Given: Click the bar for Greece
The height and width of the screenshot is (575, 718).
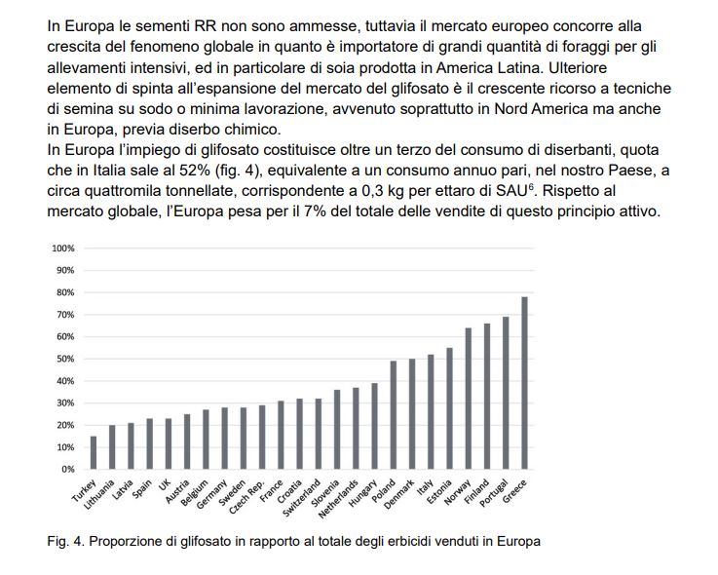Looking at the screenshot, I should point(524,383).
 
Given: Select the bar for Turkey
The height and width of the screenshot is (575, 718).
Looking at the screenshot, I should point(94,452).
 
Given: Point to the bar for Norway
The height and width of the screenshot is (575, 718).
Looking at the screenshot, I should point(469,398).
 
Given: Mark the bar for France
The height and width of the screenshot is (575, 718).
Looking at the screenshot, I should point(280,435).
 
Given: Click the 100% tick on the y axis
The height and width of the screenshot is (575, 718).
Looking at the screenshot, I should point(63,249).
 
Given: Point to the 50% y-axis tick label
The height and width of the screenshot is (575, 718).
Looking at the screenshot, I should point(65,359).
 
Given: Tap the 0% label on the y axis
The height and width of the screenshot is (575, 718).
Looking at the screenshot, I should point(67,469).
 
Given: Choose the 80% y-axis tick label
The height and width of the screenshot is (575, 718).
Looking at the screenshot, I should point(65,292).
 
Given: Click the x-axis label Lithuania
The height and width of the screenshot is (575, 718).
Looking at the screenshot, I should point(99,492).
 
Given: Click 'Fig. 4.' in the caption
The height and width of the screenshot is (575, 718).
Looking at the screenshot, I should point(65,542).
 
